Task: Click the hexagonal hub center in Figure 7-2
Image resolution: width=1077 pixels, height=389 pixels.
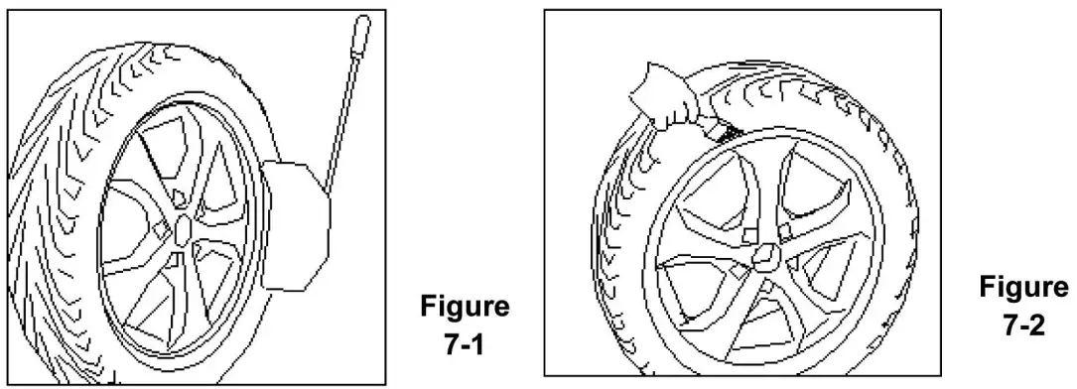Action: point(765,260)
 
